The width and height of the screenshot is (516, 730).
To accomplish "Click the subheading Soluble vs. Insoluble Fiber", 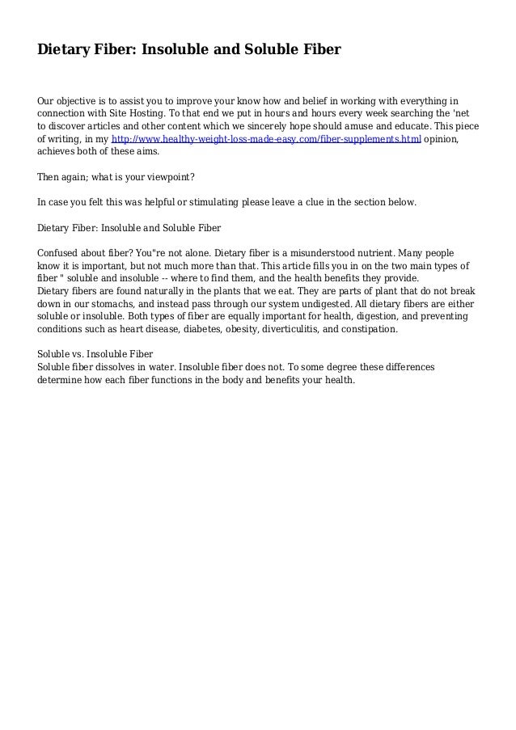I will pos(95,354).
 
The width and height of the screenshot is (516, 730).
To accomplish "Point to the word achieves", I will pos(59,151).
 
